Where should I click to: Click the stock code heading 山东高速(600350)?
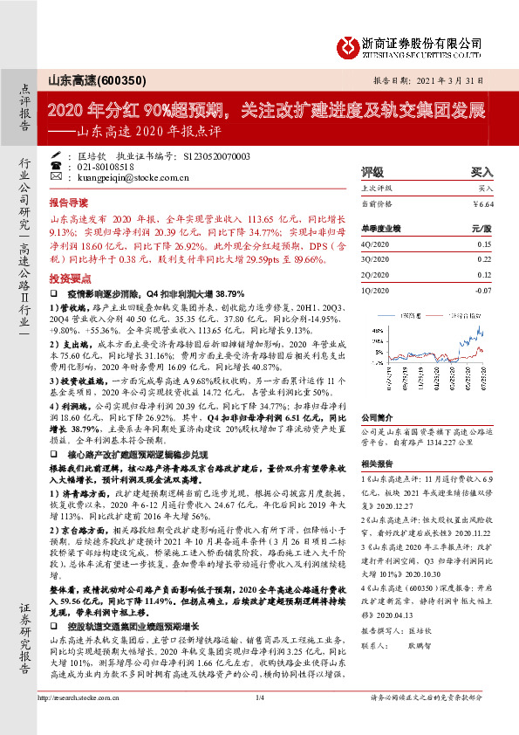point(88,79)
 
